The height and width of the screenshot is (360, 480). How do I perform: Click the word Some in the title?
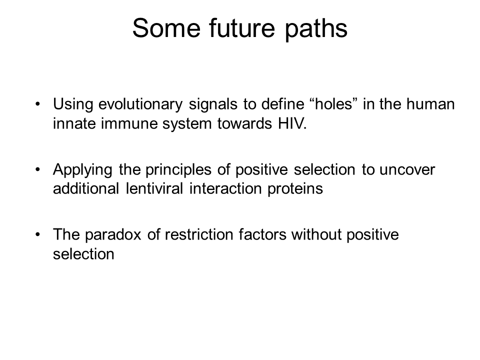tap(166, 28)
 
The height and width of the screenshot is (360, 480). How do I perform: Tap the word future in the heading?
tap(242, 28)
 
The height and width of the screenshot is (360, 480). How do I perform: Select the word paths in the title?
tap(316, 29)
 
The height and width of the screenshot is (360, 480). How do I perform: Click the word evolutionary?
tap(140, 104)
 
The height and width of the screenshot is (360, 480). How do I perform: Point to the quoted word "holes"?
tap(334, 104)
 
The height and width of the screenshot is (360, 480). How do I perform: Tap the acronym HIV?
tap(292, 123)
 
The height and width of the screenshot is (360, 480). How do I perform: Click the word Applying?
tap(82, 170)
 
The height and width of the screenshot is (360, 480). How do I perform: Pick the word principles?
tap(178, 170)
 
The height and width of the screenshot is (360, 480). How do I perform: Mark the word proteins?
tap(295, 189)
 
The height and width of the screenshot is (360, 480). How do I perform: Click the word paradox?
tap(113, 235)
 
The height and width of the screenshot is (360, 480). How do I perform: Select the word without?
tap(316, 234)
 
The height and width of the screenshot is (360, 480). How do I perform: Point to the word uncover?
tap(407, 170)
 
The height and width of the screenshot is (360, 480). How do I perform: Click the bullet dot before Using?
tap(38, 104)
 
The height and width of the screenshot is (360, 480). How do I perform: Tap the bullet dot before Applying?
tap(38, 169)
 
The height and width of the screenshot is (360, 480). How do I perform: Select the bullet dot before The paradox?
tap(38, 235)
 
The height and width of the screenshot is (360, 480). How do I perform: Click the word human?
tap(430, 104)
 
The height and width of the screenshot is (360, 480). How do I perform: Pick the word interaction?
tap(225, 188)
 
